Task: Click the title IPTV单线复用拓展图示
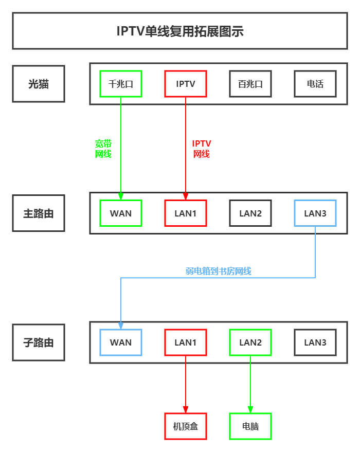click(180, 31)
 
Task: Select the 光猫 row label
click(39, 84)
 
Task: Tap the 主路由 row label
click(39, 213)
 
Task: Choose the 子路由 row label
click(39, 342)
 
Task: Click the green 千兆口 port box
click(121, 84)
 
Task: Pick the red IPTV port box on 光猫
click(186, 84)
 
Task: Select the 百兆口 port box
click(250, 84)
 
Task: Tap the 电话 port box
click(315, 84)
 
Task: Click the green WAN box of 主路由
click(121, 213)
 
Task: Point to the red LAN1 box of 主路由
click(186, 213)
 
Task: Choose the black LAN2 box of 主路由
click(250, 213)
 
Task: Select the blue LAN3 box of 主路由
click(315, 213)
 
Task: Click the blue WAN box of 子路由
click(121, 342)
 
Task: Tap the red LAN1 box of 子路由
click(186, 342)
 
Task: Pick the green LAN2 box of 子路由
click(250, 342)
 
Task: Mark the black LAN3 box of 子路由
click(315, 342)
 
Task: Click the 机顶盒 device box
click(186, 426)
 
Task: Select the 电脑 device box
click(250, 426)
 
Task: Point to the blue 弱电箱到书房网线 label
click(219, 271)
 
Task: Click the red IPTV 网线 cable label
click(202, 149)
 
